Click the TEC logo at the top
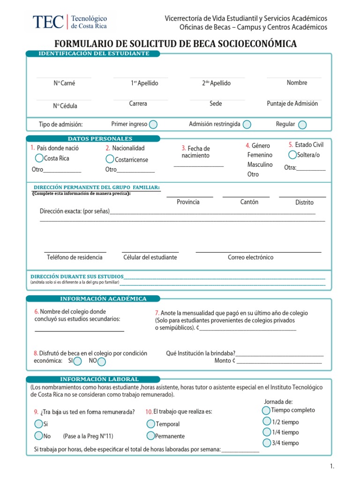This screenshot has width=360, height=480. click(69, 21)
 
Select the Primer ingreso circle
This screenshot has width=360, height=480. click(153, 124)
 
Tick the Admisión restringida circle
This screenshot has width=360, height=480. click(247, 124)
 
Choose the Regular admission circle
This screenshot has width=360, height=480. click(302, 124)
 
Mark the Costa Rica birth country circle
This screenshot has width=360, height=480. click(39, 158)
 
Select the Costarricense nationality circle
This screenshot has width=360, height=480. click(110, 159)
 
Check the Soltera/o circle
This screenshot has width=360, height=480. click(292, 155)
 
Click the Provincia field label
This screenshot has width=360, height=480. click(188, 202)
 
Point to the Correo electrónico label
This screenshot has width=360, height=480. click(250, 257)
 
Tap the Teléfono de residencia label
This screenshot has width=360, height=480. click(75, 257)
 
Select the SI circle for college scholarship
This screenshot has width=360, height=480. click(78, 361)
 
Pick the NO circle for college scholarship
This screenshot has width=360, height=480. click(101, 361)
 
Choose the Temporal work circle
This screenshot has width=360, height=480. click(150, 424)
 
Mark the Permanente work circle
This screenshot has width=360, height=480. click(150, 435)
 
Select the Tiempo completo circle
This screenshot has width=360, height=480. click(266, 410)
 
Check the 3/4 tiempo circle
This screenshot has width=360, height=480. click(266, 442)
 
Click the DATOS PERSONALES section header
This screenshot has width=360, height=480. click(100, 139)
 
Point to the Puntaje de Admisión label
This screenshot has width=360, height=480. click(292, 104)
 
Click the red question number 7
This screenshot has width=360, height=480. click(157, 313)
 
